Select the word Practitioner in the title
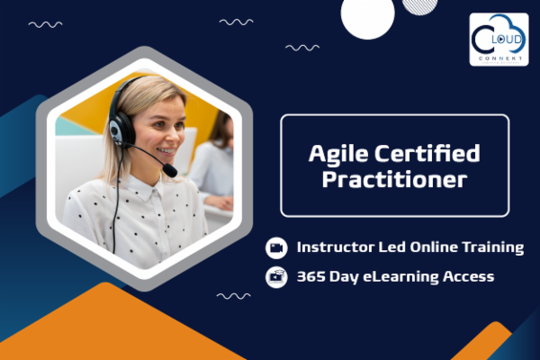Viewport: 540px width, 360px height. [x=395, y=179]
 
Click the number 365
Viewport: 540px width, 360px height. [x=311, y=276]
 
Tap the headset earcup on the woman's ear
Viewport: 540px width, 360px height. [x=117, y=130]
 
